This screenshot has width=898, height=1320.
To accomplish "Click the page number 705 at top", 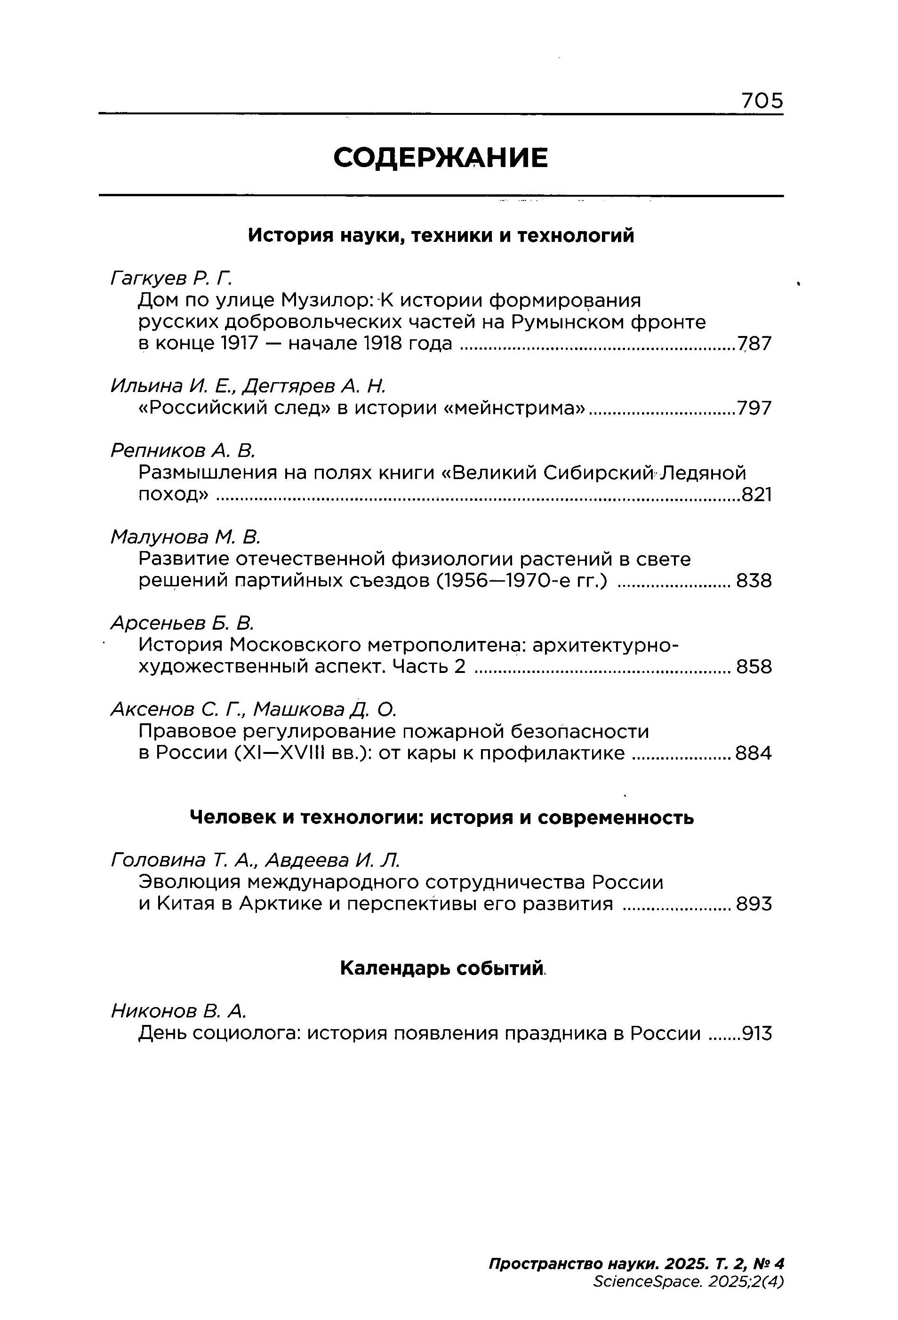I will coord(762,101).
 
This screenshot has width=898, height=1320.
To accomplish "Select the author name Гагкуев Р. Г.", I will coord(171,278).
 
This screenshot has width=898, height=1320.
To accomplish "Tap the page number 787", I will coord(755,344).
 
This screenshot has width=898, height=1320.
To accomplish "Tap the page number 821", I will coord(756,495).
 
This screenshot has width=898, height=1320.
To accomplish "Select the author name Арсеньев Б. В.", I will coord(182,623).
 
